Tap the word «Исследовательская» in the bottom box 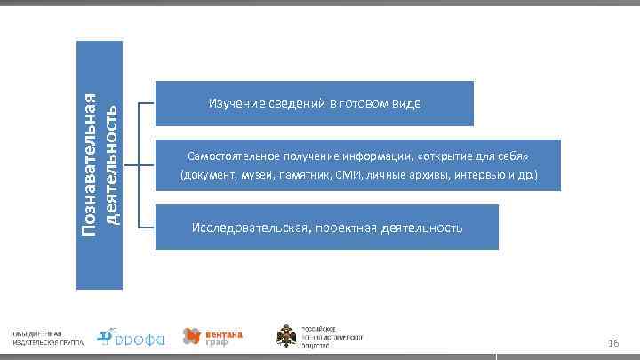click(250, 228)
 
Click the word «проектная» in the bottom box click(344, 228)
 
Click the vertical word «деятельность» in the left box click(111, 164)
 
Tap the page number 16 click(612, 343)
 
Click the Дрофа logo click(130, 336)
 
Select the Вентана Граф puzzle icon click(192, 336)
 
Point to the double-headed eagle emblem click(287, 337)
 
